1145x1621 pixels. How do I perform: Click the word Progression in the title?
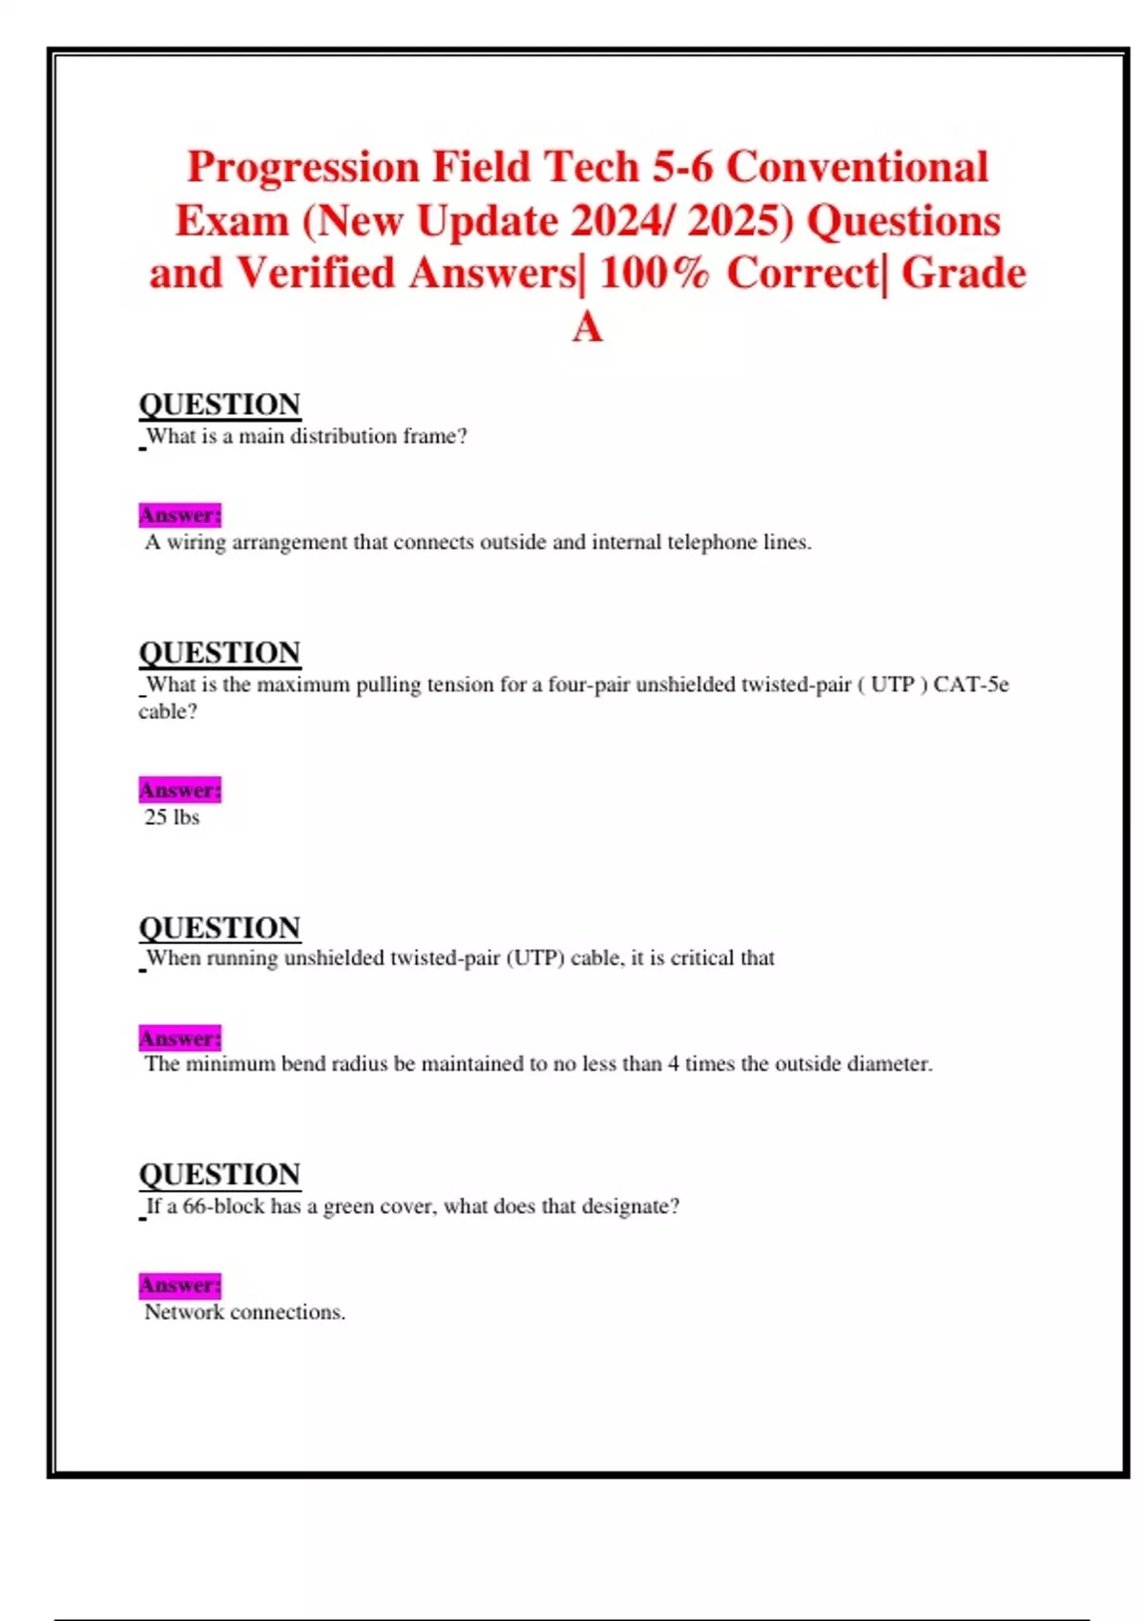pyautogui.click(x=302, y=168)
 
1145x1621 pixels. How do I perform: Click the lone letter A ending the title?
pyautogui.click(x=587, y=328)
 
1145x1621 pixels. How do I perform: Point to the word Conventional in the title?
pyautogui.click(x=857, y=168)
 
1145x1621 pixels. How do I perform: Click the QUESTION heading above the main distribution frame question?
pyautogui.click(x=219, y=404)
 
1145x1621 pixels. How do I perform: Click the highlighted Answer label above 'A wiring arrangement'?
pyautogui.click(x=179, y=515)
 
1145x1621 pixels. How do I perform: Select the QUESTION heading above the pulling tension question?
pyautogui.click(x=219, y=652)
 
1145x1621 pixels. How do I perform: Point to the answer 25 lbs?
pyautogui.click(x=172, y=817)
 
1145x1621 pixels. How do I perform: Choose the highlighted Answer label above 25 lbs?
pyautogui.click(x=179, y=790)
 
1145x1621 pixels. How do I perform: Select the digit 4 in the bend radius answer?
pyautogui.click(x=674, y=1064)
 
